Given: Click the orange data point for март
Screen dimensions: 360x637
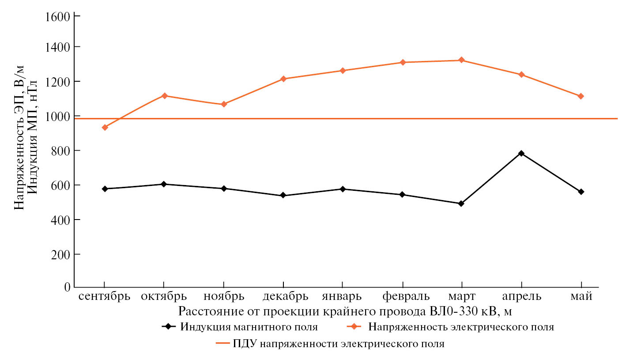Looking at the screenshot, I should pos(462,60).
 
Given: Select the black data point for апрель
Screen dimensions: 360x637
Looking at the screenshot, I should pos(521,153).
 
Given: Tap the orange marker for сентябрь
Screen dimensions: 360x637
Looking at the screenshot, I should pos(105,128).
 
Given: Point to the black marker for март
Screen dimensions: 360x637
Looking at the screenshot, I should pos(461,204).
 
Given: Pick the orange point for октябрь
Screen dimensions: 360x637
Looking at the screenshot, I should pos(164,96).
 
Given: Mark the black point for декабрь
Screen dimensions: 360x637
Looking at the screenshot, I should pos(283,195).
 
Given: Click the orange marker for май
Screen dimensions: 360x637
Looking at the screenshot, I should pos(581,96).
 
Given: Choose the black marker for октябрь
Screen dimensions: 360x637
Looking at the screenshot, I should pos(164,184).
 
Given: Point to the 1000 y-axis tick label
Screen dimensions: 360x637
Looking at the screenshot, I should pos(57,116).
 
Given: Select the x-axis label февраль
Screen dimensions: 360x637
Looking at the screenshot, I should pos(403,296).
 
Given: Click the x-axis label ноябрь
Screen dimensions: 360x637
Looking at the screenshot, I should pos(224,296).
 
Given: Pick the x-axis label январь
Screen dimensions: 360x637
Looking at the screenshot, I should pos(342,296).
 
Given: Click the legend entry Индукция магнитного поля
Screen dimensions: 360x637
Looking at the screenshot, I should pos(249,327).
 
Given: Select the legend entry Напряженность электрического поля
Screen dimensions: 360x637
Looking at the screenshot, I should pos(461,327).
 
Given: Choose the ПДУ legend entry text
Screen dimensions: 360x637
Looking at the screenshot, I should pos(339,344).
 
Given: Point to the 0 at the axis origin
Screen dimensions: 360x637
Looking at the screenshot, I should pos(67,288).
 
